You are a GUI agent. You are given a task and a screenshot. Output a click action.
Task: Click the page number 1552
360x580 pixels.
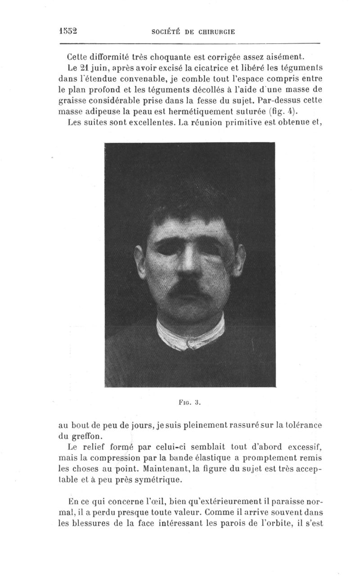point(68,31)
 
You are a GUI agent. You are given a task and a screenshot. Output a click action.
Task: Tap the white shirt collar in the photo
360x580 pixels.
point(191,335)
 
